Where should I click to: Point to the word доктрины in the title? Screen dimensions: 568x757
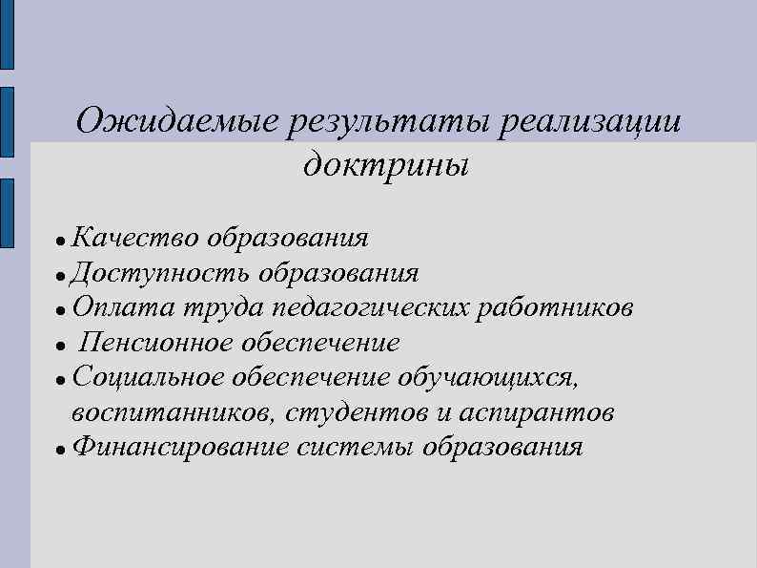coord(387,165)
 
